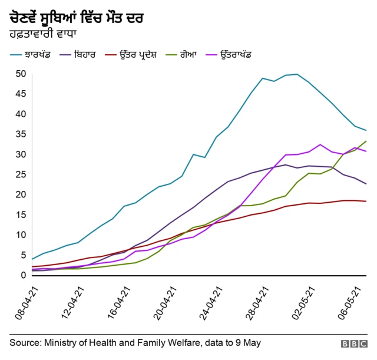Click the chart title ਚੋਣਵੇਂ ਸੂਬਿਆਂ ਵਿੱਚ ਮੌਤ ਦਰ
click(x=77, y=19)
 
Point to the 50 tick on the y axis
click(x=21, y=74)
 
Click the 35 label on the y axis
click(x=21, y=134)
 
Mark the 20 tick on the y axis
click(x=21, y=194)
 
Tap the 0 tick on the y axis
click(x=24, y=275)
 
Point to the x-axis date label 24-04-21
click(x=213, y=304)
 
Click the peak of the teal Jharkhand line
click(x=297, y=74)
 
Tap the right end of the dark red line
click(x=366, y=202)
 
